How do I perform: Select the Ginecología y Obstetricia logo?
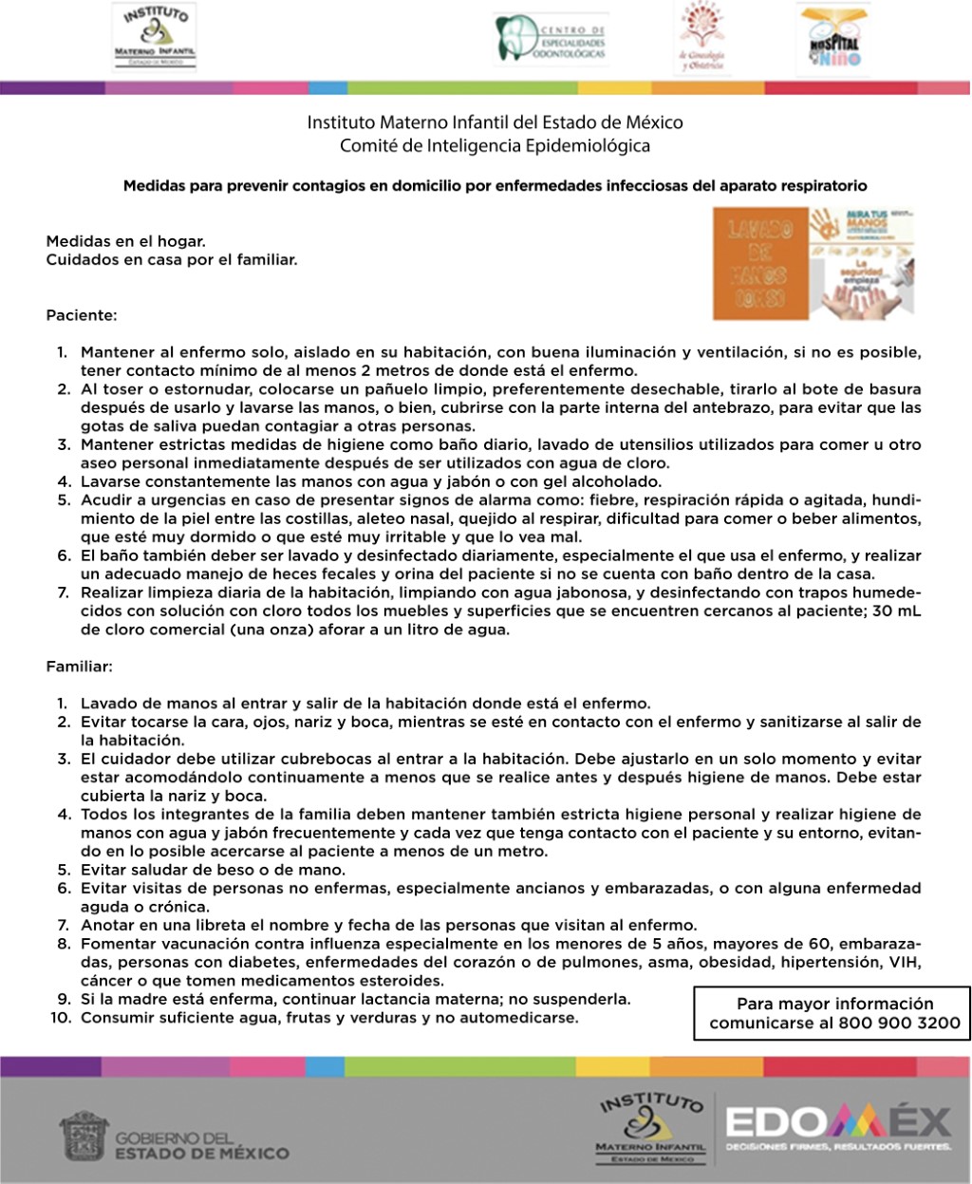(701, 38)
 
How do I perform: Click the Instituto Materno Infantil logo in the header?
(155, 36)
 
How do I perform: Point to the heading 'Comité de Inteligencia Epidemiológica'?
(495, 146)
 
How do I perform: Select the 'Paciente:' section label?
(82, 314)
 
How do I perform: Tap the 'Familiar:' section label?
(79, 667)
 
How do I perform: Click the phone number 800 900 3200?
(900, 1024)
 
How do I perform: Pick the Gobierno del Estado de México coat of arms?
(84, 1136)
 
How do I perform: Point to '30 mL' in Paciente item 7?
(896, 611)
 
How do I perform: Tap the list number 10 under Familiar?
(63, 1018)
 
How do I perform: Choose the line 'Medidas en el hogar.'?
(125, 241)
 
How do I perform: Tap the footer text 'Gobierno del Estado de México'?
(201, 1145)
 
